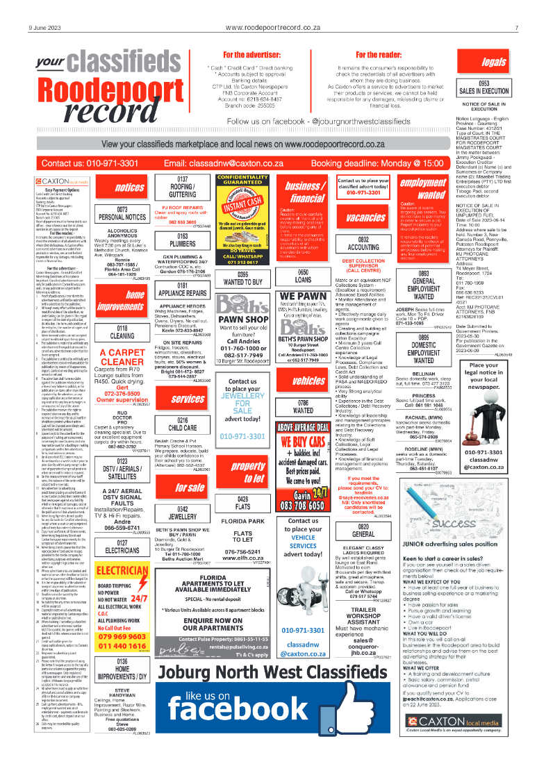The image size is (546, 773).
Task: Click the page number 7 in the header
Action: click(517, 28)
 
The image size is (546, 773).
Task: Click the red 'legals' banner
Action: click(493, 63)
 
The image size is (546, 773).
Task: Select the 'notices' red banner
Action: click(129, 188)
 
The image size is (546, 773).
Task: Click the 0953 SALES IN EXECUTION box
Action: click(493, 88)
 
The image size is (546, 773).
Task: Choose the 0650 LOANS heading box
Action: click(303, 275)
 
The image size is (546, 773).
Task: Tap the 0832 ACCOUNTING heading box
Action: click(363, 243)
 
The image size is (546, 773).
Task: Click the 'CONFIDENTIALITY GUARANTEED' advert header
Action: click(243, 181)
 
